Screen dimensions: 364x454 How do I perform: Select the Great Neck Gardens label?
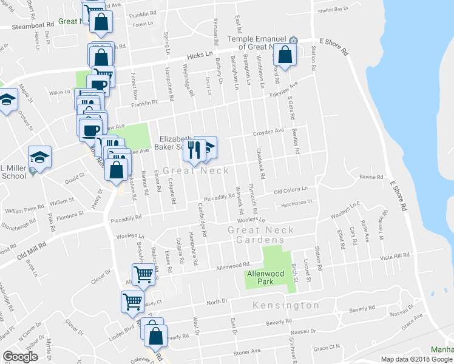point(261,234)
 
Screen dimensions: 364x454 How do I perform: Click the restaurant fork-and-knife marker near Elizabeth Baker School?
point(194,150)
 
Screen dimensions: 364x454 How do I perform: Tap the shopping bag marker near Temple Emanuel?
point(283,56)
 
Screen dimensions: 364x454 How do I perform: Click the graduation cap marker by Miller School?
point(40,158)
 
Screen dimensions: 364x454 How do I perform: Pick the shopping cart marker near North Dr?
point(132,301)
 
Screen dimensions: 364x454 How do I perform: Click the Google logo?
point(20,357)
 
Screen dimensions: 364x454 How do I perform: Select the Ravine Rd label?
point(371,177)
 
